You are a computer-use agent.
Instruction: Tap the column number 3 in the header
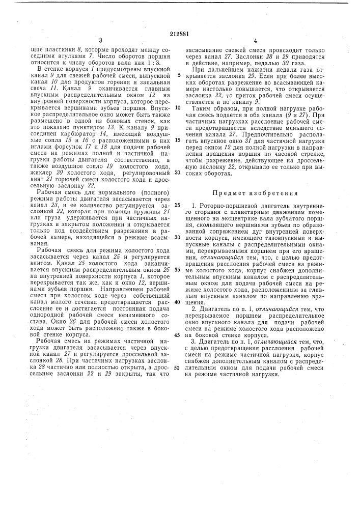pyautogui.click(x=101, y=40)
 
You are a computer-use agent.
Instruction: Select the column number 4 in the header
pyautogui.click(x=255, y=40)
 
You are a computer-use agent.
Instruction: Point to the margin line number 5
pyautogui.click(x=179, y=74)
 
